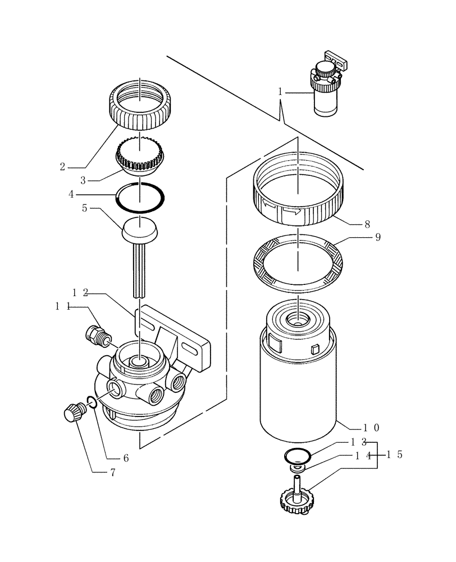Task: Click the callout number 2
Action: (x=63, y=166)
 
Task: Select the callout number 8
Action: (x=367, y=224)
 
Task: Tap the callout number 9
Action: (x=377, y=237)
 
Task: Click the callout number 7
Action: (x=112, y=473)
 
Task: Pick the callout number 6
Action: (x=126, y=458)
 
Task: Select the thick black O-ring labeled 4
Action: (x=140, y=198)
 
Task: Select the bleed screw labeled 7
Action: (x=73, y=415)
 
